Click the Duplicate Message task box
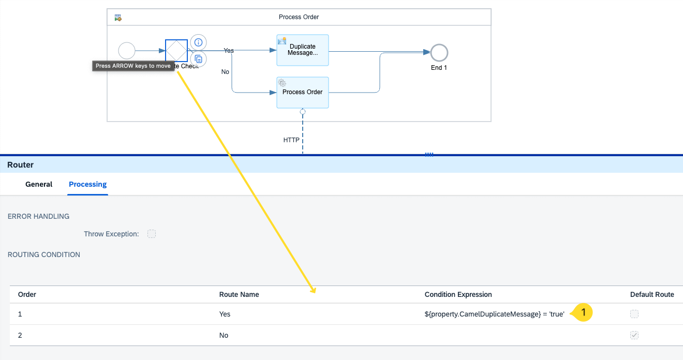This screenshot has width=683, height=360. point(303,50)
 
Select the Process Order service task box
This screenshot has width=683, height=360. point(303,93)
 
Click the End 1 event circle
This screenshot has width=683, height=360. point(439,53)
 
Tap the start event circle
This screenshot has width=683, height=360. point(127,51)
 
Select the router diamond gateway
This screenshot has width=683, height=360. point(176,51)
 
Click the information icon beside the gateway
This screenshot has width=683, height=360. point(198,42)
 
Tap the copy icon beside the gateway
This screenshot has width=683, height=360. point(198,59)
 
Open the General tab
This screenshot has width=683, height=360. point(39,184)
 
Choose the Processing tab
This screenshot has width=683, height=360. point(87,184)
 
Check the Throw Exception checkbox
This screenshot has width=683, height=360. point(152,234)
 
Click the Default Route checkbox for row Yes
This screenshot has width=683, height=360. point(634,314)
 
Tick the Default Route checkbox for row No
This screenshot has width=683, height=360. point(634,335)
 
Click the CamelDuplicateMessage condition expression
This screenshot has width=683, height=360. point(494,314)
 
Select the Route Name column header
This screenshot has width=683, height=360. point(239,294)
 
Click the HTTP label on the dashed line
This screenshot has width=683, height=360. point(291,140)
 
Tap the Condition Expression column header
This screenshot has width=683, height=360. point(458,294)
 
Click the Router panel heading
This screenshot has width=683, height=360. point(20,164)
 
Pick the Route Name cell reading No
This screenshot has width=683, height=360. point(224,335)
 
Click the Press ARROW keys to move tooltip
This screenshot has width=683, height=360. point(133,66)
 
